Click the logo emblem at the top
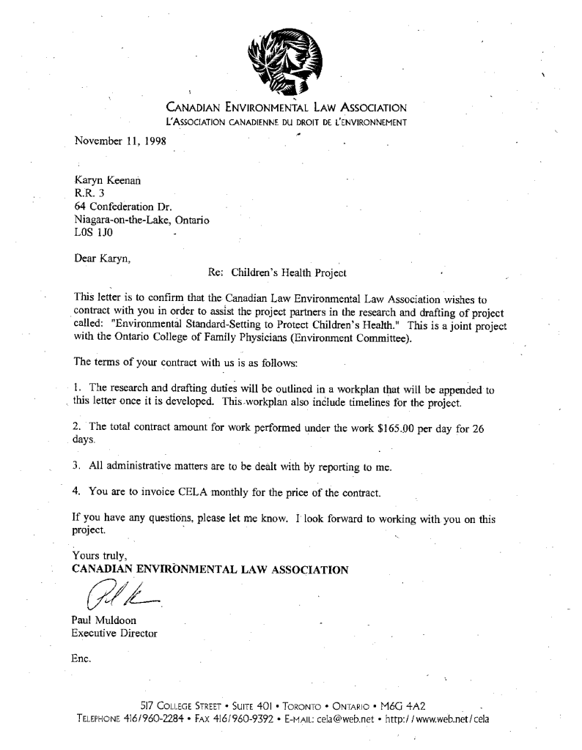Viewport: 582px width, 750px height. coord(285,63)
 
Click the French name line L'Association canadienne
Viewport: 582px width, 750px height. coord(287,122)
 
